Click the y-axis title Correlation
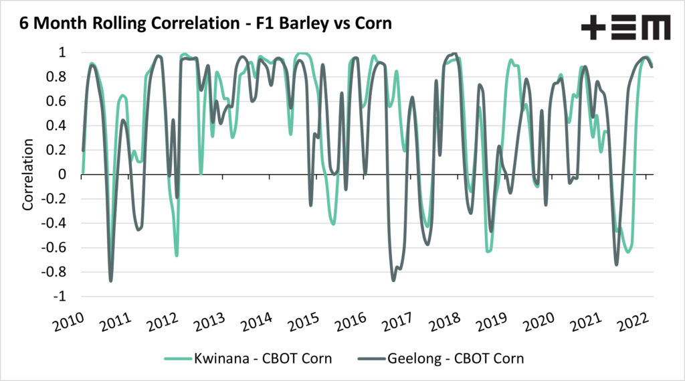click(28, 175)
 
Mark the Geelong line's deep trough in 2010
click(111, 280)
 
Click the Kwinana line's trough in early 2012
click(177, 255)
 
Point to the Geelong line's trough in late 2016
click(393, 279)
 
